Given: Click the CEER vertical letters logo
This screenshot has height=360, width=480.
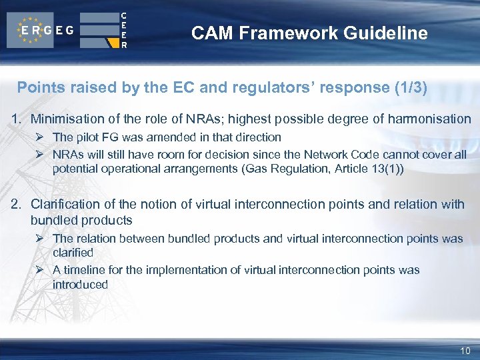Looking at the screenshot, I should (x=123, y=30).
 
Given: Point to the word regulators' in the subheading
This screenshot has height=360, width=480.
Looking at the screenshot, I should (x=237, y=87).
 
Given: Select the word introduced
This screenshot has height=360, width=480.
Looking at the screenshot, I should (x=80, y=285).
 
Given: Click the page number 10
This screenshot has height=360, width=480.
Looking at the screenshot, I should (x=465, y=351).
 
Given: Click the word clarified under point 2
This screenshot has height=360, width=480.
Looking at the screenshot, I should (x=73, y=253).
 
